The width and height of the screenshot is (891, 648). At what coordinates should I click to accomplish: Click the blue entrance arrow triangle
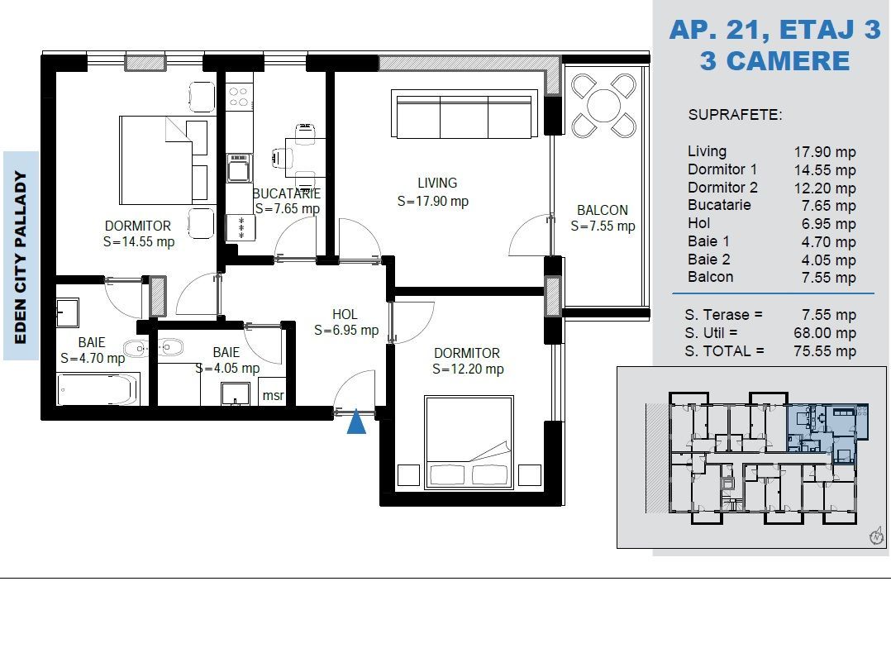[x=356, y=422]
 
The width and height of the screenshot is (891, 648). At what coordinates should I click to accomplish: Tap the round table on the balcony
[x=603, y=106]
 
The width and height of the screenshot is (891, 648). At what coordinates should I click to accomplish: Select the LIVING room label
[x=437, y=183]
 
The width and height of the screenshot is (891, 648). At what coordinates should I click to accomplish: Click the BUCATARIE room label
[x=286, y=194]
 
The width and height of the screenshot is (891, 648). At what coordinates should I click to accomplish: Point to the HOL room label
[x=345, y=314]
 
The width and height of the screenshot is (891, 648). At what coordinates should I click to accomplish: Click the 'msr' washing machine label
[x=273, y=395]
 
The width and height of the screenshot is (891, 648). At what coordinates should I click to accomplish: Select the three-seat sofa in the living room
[x=465, y=114]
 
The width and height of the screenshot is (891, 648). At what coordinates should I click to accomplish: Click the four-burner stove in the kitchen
[x=239, y=98]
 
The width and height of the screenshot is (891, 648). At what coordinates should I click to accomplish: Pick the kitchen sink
[x=239, y=168]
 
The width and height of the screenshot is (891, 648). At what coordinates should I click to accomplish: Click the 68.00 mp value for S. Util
[x=825, y=333]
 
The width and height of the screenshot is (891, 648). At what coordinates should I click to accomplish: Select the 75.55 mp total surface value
[x=825, y=351]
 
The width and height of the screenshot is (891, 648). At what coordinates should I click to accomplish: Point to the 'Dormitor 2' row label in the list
[x=722, y=188]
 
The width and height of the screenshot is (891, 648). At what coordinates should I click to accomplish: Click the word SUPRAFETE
[x=735, y=115]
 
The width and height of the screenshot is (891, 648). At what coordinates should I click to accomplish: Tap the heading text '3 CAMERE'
[x=775, y=61]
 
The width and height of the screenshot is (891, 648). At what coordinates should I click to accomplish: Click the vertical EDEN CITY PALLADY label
[x=21, y=257]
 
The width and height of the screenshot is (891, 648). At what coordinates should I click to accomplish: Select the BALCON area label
[x=603, y=210]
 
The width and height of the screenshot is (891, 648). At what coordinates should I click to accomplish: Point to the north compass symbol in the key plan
[x=877, y=536]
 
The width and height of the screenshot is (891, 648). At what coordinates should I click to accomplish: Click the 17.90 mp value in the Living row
[x=825, y=152]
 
